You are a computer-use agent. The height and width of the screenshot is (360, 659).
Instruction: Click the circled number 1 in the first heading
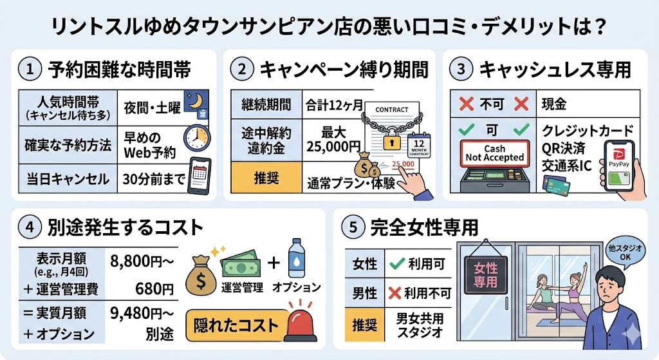pyautogui.click(x=30, y=68)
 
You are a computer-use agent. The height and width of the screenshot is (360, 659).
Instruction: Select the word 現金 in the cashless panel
pyautogui.click(x=557, y=103)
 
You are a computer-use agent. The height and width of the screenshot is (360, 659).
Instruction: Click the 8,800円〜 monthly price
pyautogui.click(x=140, y=261)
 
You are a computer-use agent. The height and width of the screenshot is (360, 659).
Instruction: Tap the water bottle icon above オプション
pyautogui.click(x=297, y=257)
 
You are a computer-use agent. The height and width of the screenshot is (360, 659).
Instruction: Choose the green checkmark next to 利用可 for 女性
pyautogui.click(x=396, y=264)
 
